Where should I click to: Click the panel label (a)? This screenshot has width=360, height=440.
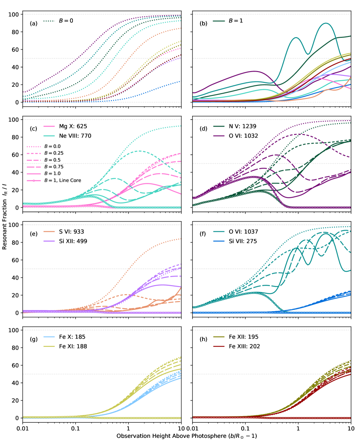click(33, 23)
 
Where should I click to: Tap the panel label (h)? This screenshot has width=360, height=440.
click(203, 338)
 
